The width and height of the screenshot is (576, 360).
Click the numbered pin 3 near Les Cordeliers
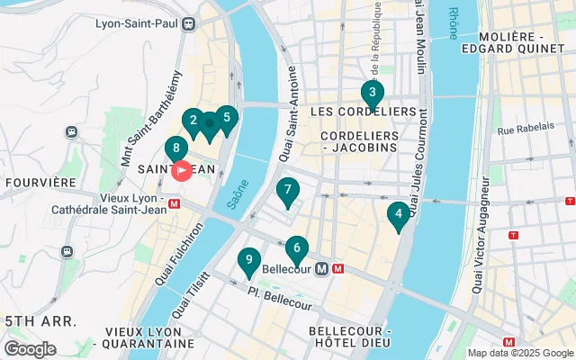tap(372, 93)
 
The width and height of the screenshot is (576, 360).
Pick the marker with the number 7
tap(287, 191)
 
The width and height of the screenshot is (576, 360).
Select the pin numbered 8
tap(175, 149)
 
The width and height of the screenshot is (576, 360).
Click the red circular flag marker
tap(181, 169)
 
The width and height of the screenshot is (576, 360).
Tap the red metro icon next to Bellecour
tap(337, 268)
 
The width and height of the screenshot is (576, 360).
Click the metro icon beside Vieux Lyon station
tap(173, 203)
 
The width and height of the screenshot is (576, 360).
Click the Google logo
tap(30, 348)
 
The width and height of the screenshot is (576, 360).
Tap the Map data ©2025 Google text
tap(519, 353)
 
